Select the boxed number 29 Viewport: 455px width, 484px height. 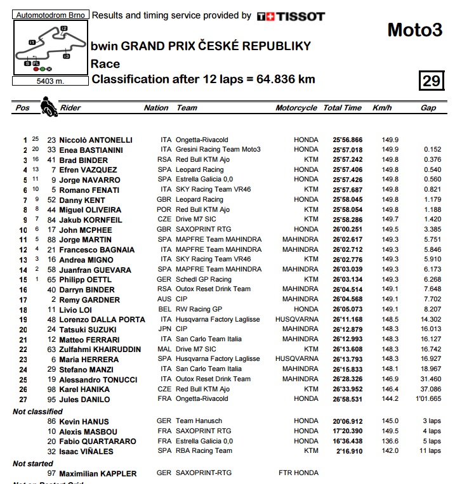(431, 81)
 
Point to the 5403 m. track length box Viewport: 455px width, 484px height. (49, 81)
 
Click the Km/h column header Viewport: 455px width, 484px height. (382, 108)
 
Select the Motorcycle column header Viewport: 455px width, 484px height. (296, 108)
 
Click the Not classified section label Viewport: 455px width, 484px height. (37, 412)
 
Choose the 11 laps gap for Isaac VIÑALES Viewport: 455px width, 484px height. (430, 451)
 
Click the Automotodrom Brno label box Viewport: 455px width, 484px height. (50, 14)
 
